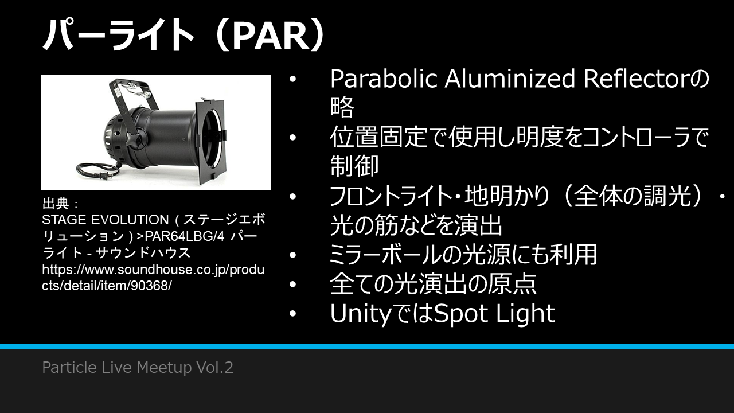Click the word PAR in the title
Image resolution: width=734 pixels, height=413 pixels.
(x=271, y=35)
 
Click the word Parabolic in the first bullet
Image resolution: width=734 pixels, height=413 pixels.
(x=384, y=79)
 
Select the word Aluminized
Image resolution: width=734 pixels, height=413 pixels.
(x=510, y=79)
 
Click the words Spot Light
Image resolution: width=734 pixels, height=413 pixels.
(x=494, y=314)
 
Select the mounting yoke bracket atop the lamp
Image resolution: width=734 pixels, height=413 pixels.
(x=131, y=98)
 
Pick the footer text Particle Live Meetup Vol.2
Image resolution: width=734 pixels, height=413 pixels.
(x=138, y=367)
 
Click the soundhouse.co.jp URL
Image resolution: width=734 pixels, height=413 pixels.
(x=153, y=278)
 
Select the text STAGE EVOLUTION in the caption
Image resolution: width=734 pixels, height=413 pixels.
(x=105, y=220)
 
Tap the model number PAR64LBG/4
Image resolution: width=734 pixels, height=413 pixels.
(x=185, y=236)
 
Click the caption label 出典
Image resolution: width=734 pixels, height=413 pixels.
(x=56, y=204)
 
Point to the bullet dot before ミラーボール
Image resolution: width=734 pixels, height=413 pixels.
(x=292, y=255)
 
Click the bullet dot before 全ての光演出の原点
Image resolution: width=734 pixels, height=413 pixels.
(x=292, y=284)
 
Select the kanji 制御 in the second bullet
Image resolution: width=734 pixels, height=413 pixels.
(x=354, y=166)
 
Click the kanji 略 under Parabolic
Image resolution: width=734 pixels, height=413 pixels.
(x=342, y=107)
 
